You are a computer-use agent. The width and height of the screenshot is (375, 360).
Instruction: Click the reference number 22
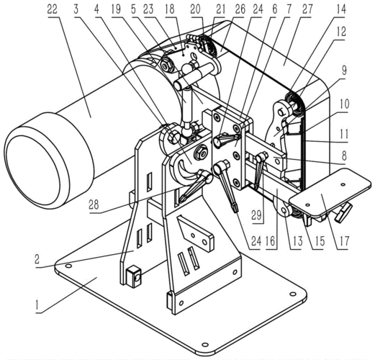[x=52, y=10]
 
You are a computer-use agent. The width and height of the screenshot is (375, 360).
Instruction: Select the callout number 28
[x=94, y=205]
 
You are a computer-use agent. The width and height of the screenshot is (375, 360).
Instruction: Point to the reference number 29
[x=256, y=215]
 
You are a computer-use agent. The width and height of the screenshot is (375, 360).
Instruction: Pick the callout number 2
[x=37, y=259]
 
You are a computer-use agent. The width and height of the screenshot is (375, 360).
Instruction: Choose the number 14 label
[x=340, y=10]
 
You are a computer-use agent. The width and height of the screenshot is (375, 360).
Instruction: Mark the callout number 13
[x=297, y=241]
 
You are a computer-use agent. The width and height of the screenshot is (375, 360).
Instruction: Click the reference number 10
[x=344, y=104]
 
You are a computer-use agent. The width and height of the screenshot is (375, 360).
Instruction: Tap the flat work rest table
[x=330, y=191]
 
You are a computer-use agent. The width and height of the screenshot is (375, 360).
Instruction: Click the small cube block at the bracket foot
[x=134, y=277]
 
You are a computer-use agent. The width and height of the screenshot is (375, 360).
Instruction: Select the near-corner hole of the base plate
[x=204, y=345]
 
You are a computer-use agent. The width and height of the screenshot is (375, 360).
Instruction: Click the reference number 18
[x=169, y=10]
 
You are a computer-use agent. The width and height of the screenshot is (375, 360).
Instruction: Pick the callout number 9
[x=344, y=70]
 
